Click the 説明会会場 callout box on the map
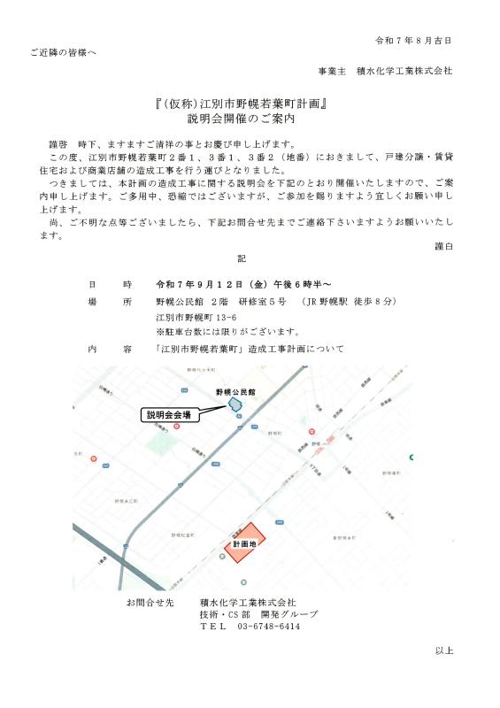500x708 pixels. pos(170,414)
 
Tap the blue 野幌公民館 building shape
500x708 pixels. pos(235,404)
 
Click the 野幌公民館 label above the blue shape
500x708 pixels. pos(235,390)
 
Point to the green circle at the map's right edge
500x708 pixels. pos(412,457)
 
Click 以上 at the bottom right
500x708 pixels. pos(443,650)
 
